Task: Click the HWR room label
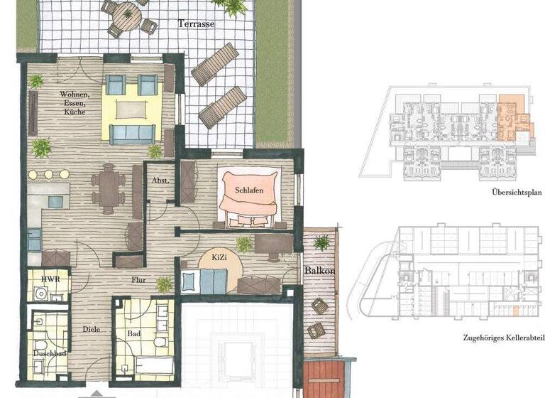[49, 279]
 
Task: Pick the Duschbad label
[49, 353]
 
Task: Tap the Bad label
[134, 332]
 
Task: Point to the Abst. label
[160, 181]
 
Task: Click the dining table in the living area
[111, 188]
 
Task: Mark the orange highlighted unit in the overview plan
[509, 115]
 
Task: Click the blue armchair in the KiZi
[213, 281]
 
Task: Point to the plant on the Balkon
[321, 242]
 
